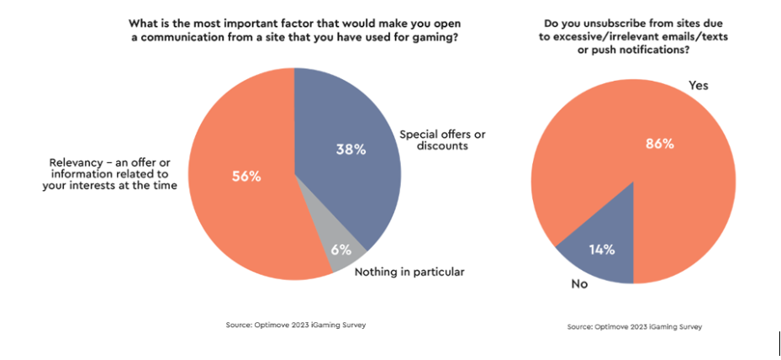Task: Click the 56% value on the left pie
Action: coord(245,177)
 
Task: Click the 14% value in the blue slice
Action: coord(602,249)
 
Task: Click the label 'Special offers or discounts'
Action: coord(442,140)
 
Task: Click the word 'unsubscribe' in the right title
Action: coord(614,24)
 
